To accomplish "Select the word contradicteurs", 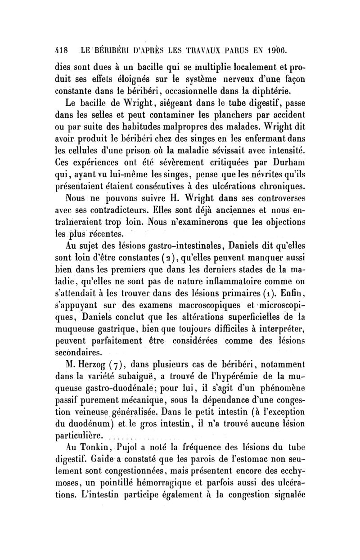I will point(146,211).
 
